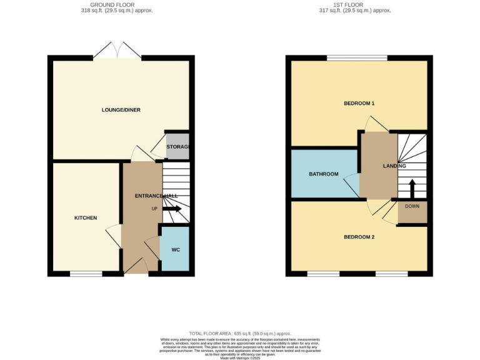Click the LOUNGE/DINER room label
(121, 110)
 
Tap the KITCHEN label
(86, 217)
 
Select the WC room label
(176, 249)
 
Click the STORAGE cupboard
(177, 146)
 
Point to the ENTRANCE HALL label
(156, 196)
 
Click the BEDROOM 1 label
(359, 103)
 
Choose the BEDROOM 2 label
(359, 237)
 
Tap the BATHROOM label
(324, 174)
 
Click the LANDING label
(394, 166)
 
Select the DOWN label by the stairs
(412, 206)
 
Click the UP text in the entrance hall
(154, 208)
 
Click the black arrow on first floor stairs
(412, 187)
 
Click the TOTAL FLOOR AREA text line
(240, 334)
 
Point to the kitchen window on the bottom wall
(86, 274)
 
